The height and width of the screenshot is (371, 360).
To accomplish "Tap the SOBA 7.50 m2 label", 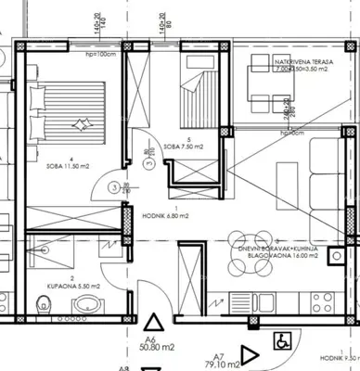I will [x=192, y=146].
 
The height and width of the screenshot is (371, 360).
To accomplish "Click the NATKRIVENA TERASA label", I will [x=297, y=61].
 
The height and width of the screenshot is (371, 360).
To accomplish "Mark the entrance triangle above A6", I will [x=154, y=322].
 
